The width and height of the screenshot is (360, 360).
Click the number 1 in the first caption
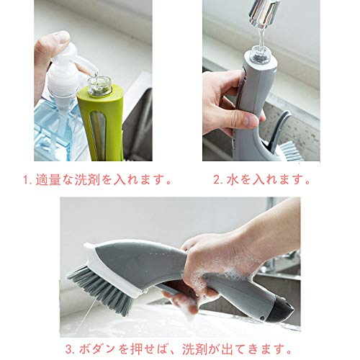coord(26,180)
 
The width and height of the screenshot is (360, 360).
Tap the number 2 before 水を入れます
coord(217,180)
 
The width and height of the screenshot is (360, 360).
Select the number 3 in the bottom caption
coord(69,349)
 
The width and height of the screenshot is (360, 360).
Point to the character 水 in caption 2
coord(233,180)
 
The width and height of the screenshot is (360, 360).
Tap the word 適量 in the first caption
coord(48,180)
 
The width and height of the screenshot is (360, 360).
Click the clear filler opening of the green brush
coord(99,85)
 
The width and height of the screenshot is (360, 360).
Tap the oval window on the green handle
coord(98,135)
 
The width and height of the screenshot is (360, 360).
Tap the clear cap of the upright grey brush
coord(260,55)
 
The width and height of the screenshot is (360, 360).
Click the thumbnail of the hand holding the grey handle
coord(249,120)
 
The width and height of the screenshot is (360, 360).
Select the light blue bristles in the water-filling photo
coord(292,150)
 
